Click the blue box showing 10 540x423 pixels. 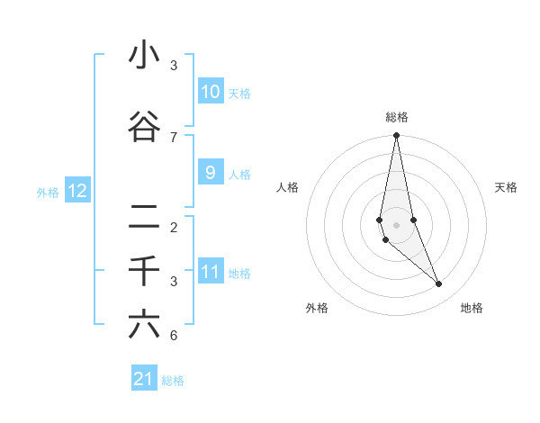pyautogui.click(x=210, y=92)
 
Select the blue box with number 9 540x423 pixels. pyautogui.click(x=210, y=173)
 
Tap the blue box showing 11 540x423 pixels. pyautogui.click(x=210, y=272)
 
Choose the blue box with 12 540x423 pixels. pyautogui.click(x=76, y=191)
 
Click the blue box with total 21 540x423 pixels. pyautogui.click(x=143, y=379)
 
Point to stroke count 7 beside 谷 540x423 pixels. pyautogui.click(x=174, y=137)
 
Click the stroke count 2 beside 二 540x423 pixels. pyautogui.click(x=174, y=227)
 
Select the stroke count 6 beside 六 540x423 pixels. pyautogui.click(x=174, y=336)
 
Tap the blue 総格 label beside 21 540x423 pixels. pyautogui.click(x=173, y=381)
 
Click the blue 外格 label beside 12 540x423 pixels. pyautogui.click(x=47, y=192)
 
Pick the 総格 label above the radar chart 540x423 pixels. pyautogui.click(x=396, y=117)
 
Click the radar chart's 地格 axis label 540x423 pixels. pyautogui.click(x=472, y=308)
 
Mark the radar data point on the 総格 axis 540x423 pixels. pyautogui.click(x=396, y=136)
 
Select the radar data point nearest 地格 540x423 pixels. pyautogui.click(x=439, y=284)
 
